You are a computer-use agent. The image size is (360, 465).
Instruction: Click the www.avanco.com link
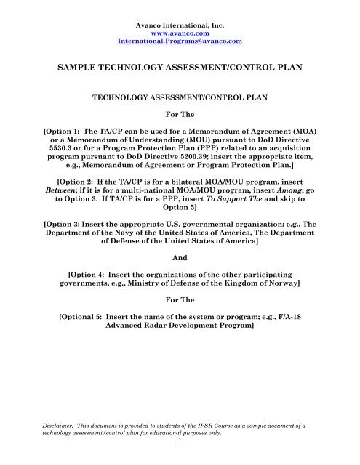point(180,33)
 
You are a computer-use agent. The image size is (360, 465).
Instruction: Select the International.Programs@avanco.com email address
point(180,41)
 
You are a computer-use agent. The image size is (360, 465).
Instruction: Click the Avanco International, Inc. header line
point(180,24)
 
